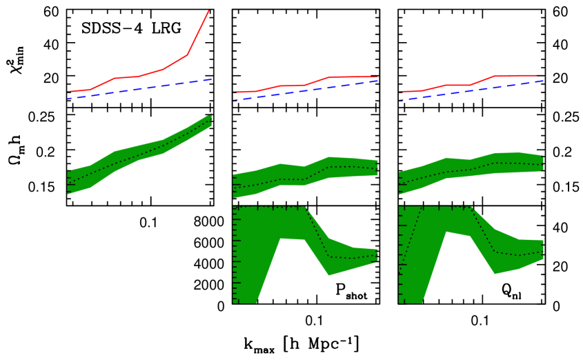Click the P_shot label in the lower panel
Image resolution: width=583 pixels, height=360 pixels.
[350, 290]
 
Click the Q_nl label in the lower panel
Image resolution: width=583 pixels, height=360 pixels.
[511, 290]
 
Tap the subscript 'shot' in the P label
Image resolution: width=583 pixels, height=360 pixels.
[357, 294]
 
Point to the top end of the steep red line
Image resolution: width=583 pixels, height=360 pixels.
[208, 11]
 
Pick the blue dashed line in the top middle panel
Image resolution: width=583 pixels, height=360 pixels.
[304, 91]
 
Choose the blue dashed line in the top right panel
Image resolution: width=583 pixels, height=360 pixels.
[469, 90]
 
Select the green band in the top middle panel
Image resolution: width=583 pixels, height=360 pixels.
[304, 172]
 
